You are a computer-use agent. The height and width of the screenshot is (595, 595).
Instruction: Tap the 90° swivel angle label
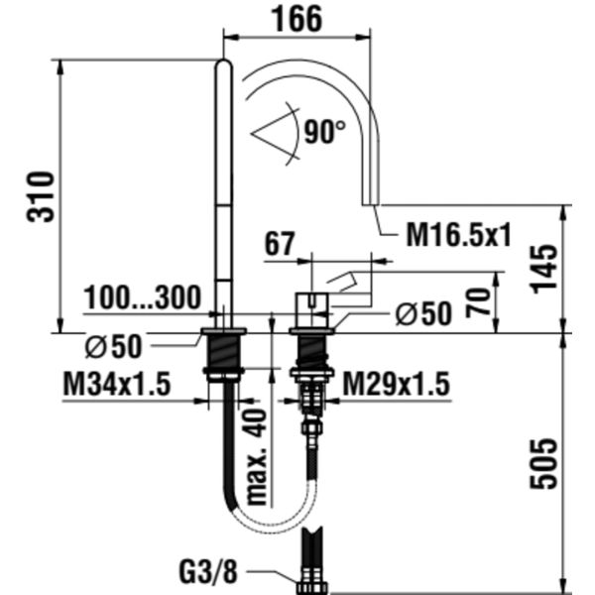click(x=324, y=132)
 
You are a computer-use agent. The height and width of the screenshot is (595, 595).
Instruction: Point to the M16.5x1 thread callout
click(x=458, y=235)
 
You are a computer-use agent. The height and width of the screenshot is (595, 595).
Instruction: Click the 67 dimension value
click(x=282, y=245)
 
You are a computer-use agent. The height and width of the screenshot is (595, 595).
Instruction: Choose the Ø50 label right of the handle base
click(x=422, y=314)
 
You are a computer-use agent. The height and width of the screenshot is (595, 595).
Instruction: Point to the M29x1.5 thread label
click(x=396, y=383)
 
